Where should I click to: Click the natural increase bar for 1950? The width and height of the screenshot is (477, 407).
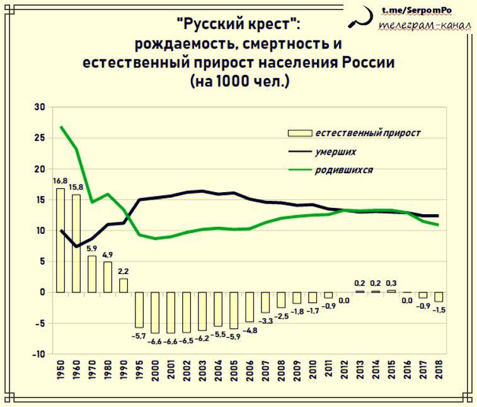60,240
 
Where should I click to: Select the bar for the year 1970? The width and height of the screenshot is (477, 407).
92,274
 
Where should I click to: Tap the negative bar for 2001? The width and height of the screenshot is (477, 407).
171,312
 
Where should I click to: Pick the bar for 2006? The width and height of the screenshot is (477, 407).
250,307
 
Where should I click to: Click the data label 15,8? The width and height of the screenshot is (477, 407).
76,187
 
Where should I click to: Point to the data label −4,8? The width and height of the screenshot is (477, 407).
250,330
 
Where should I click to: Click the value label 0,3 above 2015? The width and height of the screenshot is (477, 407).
391,283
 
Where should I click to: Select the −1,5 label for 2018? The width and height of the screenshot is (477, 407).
439,310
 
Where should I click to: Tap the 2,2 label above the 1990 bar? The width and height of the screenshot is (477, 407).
124,271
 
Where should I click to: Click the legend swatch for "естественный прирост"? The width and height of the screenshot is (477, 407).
300,133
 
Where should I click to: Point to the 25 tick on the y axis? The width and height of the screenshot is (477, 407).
40,138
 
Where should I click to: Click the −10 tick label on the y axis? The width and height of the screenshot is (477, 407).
38,354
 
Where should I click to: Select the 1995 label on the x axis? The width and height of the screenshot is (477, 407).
139,370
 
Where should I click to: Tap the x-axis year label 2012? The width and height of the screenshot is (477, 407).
344,370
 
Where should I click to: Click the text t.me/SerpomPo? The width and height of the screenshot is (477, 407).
417,10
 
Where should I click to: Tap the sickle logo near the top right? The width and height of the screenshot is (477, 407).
361,17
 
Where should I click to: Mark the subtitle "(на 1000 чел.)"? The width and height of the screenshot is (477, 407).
239,81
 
